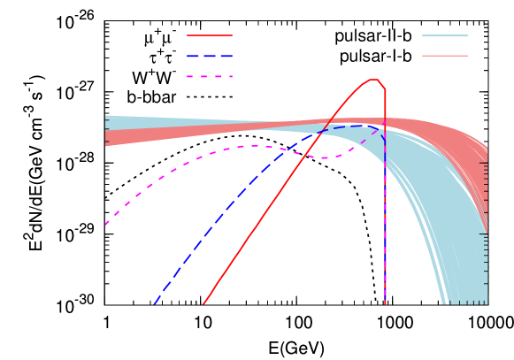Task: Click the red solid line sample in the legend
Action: (210, 35)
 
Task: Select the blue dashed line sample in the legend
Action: (210, 56)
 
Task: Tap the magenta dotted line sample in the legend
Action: (210, 77)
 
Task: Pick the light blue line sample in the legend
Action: (444, 35)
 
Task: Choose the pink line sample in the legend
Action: (444, 56)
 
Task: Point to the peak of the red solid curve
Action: (374, 80)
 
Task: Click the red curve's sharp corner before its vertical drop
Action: (385, 89)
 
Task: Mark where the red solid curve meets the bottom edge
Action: (203, 304)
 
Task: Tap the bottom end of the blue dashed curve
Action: (154, 304)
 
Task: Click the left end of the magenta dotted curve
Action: (106, 224)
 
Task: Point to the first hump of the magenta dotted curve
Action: (255, 146)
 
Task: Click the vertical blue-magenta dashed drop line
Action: (385, 230)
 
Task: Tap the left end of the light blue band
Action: (107, 122)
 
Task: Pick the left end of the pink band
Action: (107, 138)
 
